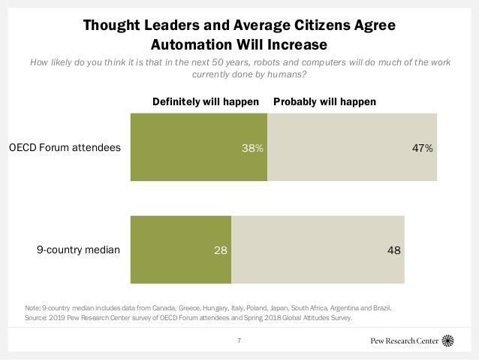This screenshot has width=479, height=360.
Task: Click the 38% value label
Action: pos(252,148)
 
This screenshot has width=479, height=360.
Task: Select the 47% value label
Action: pos(422,148)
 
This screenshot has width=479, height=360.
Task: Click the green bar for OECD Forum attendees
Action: pos(199,147)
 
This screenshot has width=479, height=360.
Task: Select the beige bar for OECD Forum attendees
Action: pos(351,147)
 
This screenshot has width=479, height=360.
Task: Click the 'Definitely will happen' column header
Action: pos(206,101)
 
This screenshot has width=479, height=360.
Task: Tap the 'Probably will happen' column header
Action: pos(324,101)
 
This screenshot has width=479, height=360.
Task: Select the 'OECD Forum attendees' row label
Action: pos(65,148)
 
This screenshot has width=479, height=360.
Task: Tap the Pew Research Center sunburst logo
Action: pos(448,340)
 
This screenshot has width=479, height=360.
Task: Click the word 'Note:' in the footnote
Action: pos(33,308)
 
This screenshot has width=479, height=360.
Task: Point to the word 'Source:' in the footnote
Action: pos(37,318)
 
